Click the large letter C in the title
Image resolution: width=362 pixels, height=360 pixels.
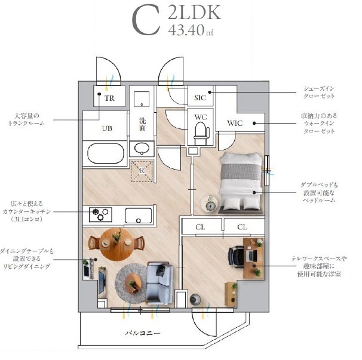(x=146, y=21)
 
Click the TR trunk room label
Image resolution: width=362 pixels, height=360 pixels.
(x=109, y=99)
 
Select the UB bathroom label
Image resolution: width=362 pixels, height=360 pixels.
(x=107, y=128)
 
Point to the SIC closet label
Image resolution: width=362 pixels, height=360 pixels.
(x=200, y=98)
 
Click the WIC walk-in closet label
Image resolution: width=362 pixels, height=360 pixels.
(x=235, y=123)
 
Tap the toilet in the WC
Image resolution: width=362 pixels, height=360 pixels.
(x=201, y=133)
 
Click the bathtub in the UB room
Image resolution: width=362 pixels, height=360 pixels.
(x=106, y=153)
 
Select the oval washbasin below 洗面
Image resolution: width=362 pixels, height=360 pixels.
(x=142, y=149)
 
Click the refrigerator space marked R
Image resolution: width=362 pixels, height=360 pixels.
(x=142, y=171)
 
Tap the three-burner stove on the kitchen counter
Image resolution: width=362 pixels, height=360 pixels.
(x=100, y=214)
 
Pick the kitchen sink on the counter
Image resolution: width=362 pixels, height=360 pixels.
(x=139, y=216)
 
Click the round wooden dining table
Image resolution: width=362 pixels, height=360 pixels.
(x=117, y=244)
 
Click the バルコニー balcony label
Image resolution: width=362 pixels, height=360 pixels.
(x=143, y=333)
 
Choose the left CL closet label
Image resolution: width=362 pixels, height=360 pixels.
(x=200, y=227)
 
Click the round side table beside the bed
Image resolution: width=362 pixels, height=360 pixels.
(x=210, y=204)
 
